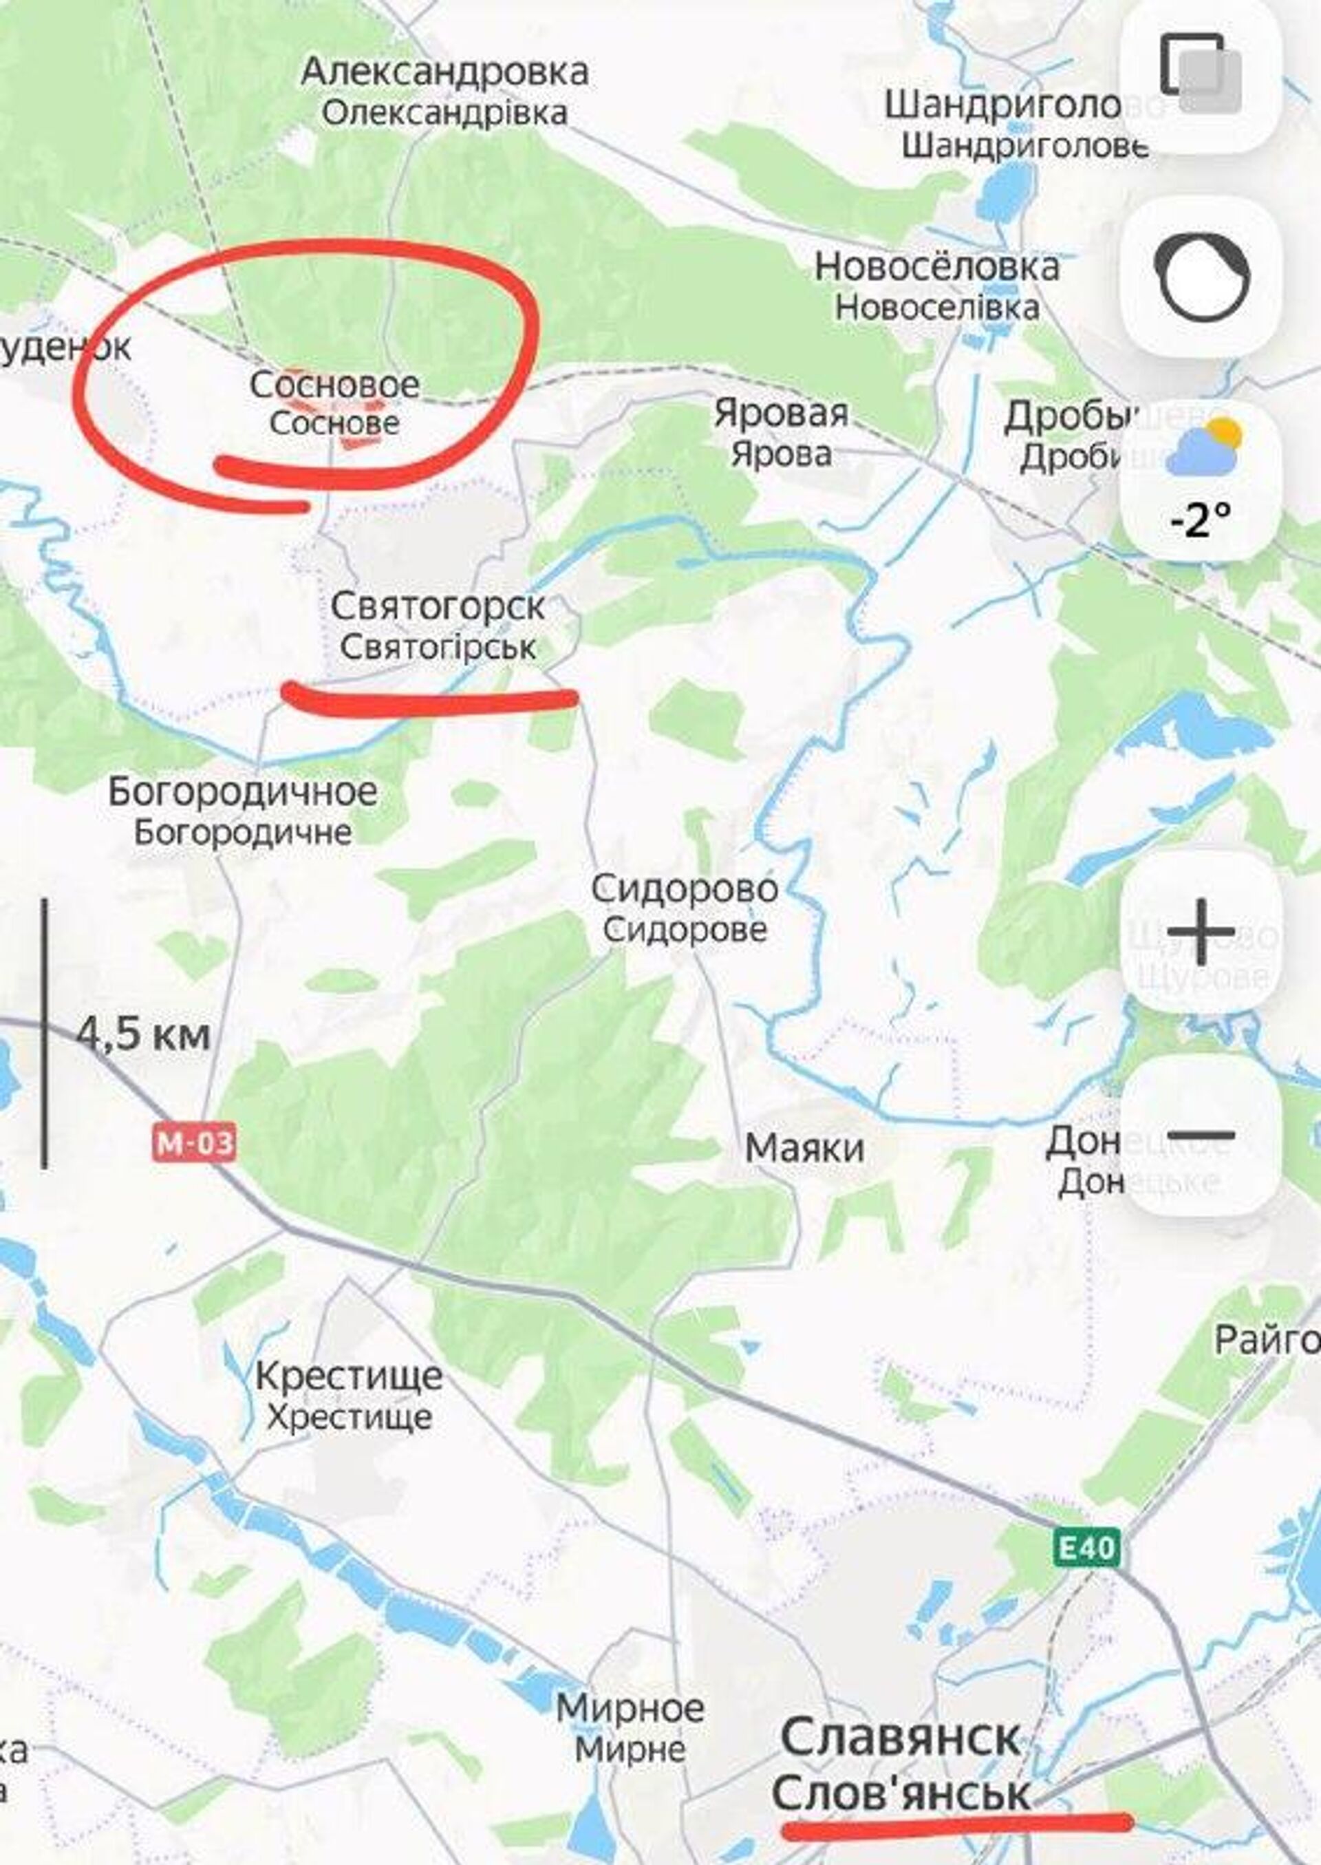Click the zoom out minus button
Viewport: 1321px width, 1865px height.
point(1201,1135)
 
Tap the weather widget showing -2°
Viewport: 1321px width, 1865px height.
point(1201,480)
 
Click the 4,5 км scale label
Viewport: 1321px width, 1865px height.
point(143,1035)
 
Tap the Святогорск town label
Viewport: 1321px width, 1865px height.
point(438,608)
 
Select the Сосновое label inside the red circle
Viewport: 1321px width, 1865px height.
point(334,385)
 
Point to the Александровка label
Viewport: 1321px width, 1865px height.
point(444,72)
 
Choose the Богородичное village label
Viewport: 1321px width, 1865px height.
point(242,791)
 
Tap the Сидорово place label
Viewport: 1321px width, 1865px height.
point(684,888)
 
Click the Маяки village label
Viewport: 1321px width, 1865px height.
point(804,1148)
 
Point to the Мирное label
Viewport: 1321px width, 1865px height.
point(630,1707)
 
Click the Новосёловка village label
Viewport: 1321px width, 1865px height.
point(937,267)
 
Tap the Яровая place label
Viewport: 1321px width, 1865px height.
point(781,414)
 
